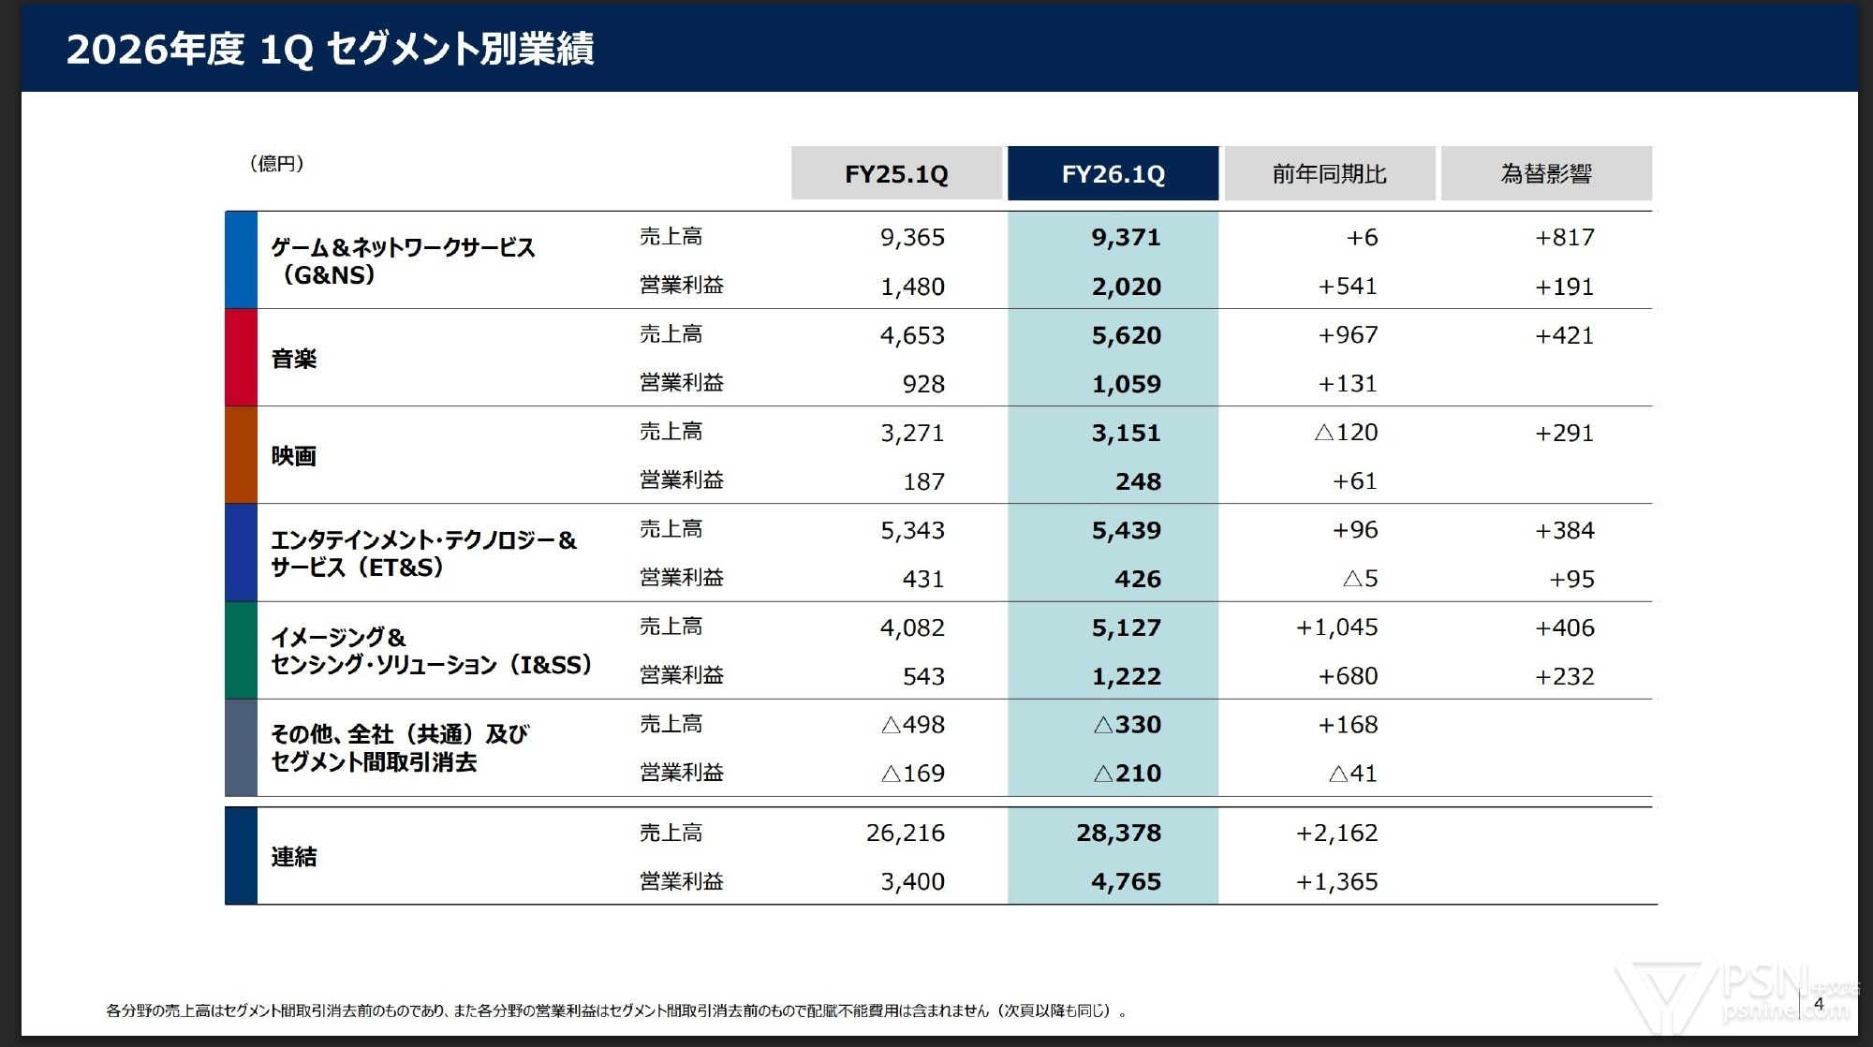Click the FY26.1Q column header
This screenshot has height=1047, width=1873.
coord(1113,173)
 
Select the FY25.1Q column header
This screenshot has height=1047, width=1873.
coord(896,173)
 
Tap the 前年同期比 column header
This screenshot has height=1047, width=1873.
coord(1329,173)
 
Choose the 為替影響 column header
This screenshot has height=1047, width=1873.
coord(1546,173)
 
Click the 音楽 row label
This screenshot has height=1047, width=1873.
coord(294,359)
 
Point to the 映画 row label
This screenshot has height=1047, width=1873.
coord(294,456)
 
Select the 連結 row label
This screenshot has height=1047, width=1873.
coord(294,857)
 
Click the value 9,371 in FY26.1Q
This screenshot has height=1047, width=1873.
coord(1126,237)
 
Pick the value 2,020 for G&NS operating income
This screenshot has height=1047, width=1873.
coord(1126,287)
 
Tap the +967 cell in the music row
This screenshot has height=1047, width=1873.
coord(1348,335)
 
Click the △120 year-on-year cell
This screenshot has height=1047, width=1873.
coord(1346,433)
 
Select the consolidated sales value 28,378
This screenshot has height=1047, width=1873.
coord(1118,833)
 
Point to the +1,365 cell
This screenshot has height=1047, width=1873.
coord(1336,881)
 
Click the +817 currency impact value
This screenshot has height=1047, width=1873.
coord(1564,237)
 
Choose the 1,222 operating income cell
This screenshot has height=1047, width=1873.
coord(1126,676)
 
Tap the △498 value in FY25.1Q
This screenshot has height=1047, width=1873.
coord(913,725)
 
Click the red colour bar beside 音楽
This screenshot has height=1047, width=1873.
coord(241,358)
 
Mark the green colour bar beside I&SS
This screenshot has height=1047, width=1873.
coord(241,650)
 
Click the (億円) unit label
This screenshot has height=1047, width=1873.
coord(276,164)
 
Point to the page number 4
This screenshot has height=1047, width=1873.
coord(1819,1004)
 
